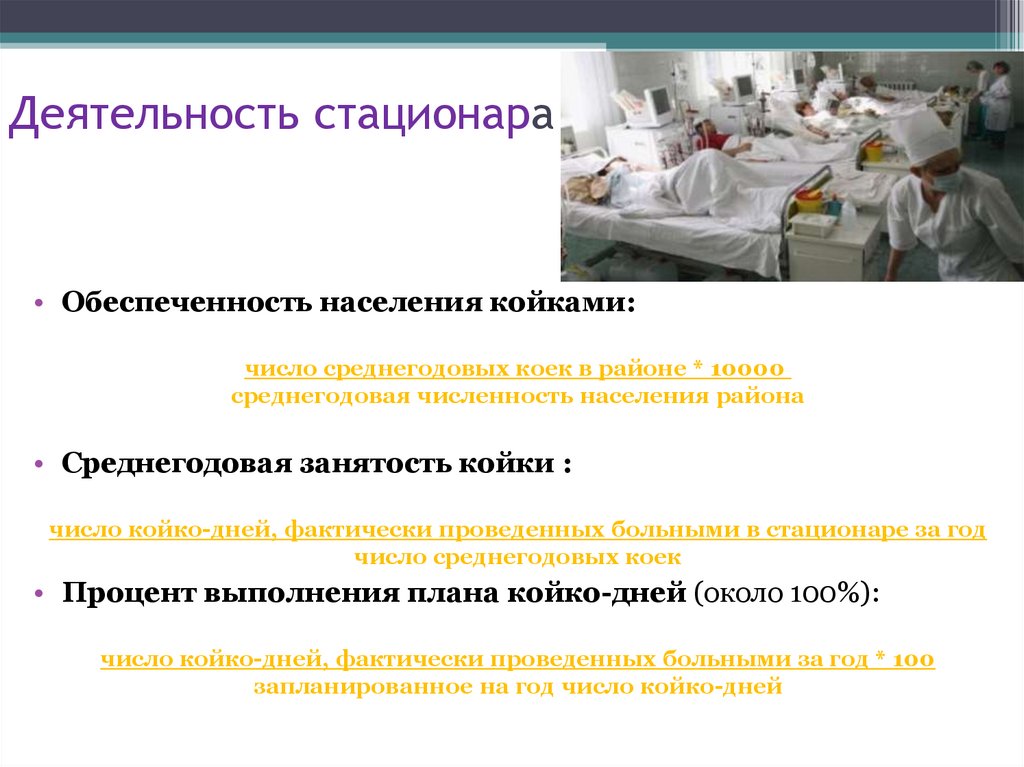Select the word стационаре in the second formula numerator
(x=827, y=530)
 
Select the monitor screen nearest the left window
(x=657, y=102)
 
